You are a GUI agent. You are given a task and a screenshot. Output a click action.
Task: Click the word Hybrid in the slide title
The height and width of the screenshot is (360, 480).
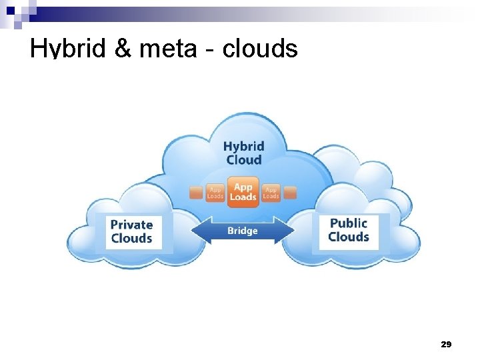[x=61, y=49]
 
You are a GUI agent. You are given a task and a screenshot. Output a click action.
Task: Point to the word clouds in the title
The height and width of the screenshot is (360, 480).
[x=259, y=48]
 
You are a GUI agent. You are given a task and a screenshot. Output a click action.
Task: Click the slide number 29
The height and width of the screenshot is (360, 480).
[x=446, y=344]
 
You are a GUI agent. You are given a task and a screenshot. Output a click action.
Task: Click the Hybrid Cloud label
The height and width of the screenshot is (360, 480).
[x=243, y=153]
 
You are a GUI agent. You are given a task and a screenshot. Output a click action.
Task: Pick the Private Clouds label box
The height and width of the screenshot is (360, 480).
[x=132, y=231]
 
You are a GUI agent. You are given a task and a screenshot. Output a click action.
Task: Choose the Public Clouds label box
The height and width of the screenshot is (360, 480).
[x=349, y=230]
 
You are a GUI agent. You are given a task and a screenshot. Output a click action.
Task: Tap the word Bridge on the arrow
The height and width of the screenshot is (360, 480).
[x=242, y=231]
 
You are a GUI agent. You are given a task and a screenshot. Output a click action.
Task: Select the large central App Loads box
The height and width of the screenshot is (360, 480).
[x=243, y=191]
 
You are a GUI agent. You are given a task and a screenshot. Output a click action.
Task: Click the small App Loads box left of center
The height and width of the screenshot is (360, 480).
[x=215, y=193]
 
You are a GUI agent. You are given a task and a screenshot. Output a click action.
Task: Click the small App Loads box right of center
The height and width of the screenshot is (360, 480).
[x=271, y=193]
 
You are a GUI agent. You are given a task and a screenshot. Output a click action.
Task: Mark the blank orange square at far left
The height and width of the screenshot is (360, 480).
[x=195, y=193]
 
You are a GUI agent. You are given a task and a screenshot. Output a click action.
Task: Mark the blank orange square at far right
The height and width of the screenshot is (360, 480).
[x=290, y=193]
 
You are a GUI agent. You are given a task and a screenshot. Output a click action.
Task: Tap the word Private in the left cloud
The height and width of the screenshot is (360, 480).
[x=132, y=225]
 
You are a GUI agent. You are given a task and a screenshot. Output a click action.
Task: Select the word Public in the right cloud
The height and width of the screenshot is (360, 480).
[x=349, y=223]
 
